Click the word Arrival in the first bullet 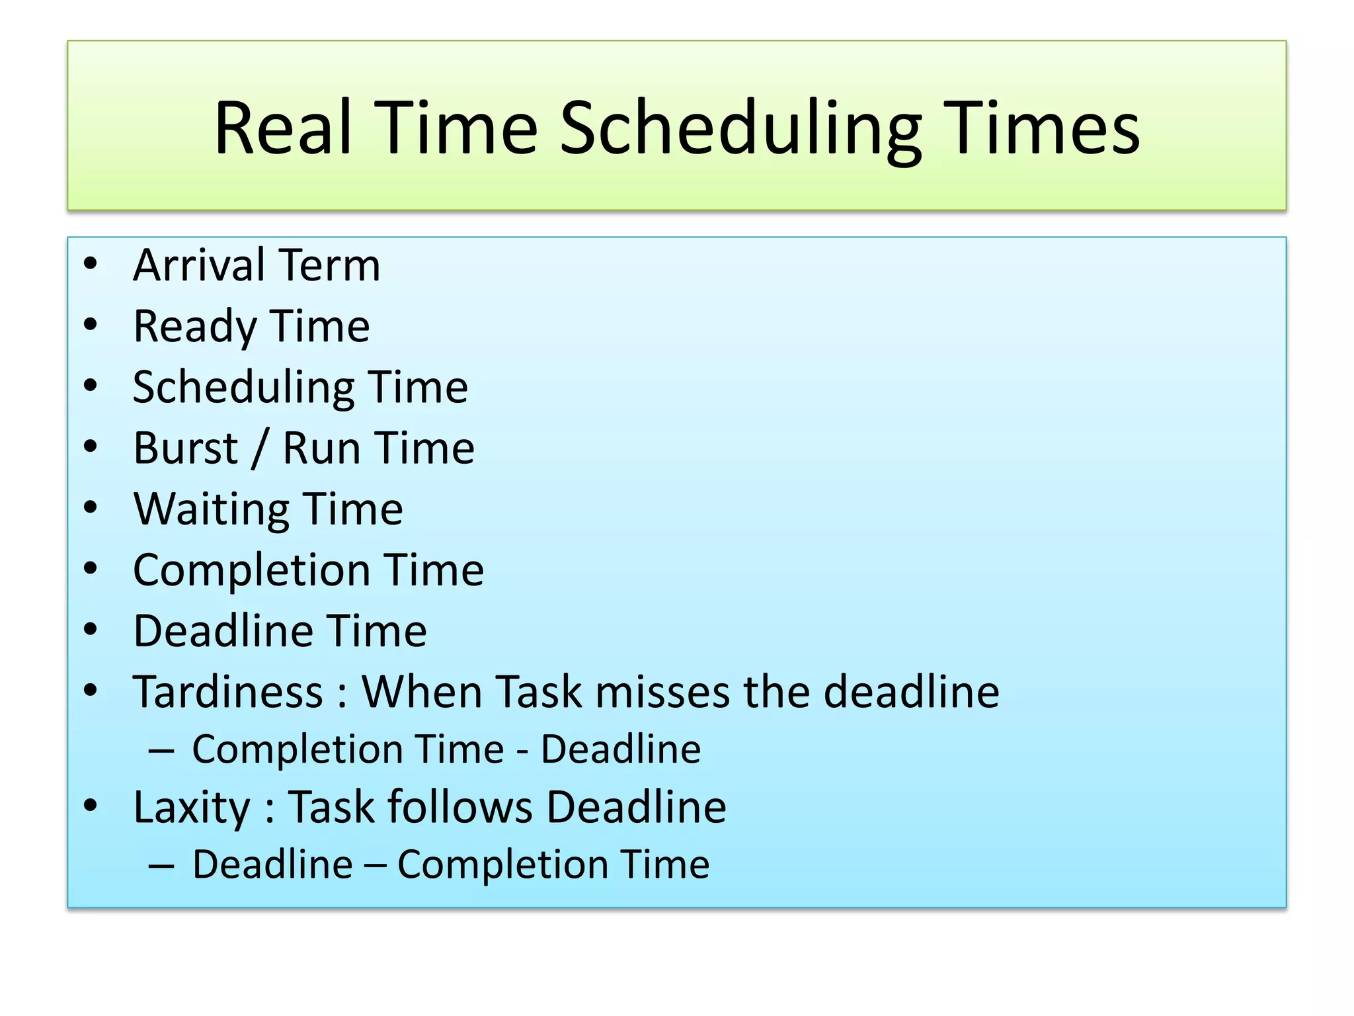199,265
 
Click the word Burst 185,448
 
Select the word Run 320,448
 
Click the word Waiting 211,510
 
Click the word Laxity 192,808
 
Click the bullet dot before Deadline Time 91,629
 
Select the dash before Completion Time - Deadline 161,751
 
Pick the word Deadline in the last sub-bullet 272,865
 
